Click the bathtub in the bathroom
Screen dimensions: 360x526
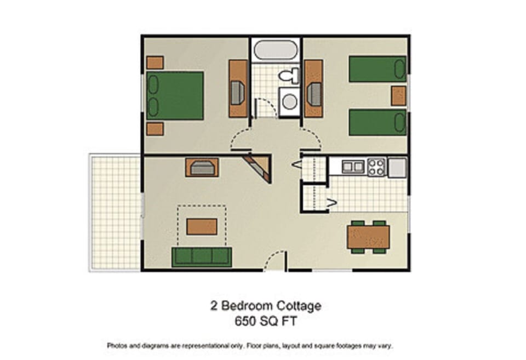pyautogui.click(x=276, y=51)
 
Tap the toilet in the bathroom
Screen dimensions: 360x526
pyautogui.click(x=288, y=75)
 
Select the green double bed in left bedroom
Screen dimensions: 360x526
pyautogui.click(x=175, y=95)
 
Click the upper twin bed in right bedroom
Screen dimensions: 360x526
pyautogui.click(x=377, y=69)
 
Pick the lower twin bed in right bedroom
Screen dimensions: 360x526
pyautogui.click(x=377, y=122)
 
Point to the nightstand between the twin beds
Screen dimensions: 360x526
pyautogui.click(x=398, y=96)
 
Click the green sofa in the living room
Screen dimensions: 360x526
pyautogui.click(x=202, y=256)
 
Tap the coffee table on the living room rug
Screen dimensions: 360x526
pyautogui.click(x=202, y=226)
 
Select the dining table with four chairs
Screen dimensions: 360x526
pyautogui.click(x=368, y=237)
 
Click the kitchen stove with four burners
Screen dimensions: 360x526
pyautogui.click(x=376, y=167)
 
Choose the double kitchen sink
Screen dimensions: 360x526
pyautogui.click(x=353, y=166)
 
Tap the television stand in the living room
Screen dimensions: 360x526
pyautogui.click(x=202, y=167)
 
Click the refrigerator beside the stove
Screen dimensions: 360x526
pyautogui.click(x=397, y=167)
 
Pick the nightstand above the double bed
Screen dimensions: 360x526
pyautogui.click(x=155, y=62)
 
